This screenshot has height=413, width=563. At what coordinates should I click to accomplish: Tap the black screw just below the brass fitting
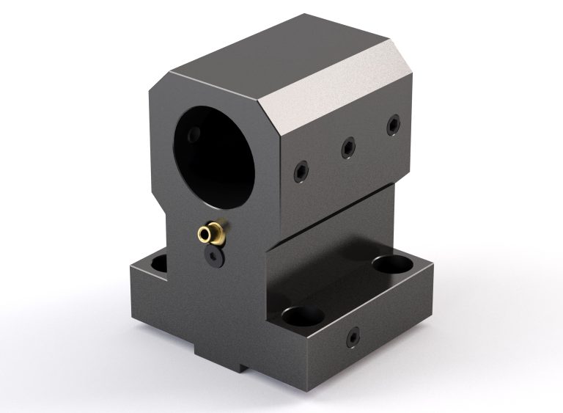213,256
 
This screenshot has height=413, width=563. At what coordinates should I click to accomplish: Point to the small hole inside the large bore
194,136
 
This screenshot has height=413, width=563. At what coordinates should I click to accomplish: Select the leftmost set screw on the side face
301,172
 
